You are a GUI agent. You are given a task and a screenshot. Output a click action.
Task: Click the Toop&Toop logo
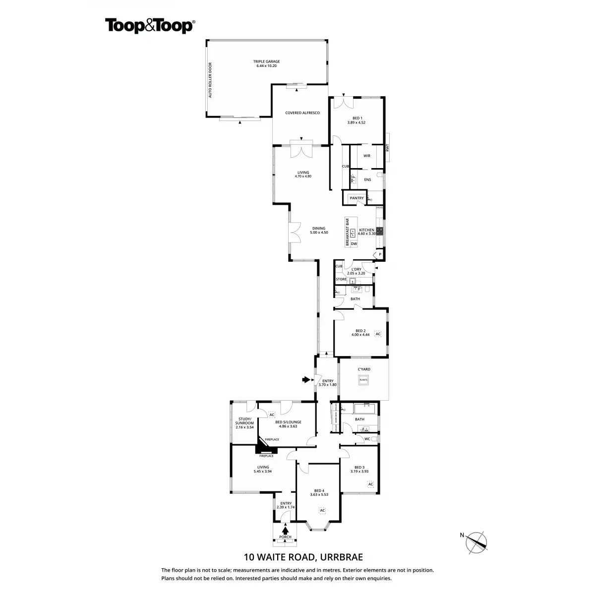(149, 26)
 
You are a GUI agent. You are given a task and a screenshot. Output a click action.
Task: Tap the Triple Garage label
(266, 63)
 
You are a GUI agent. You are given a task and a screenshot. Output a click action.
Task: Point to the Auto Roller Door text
(210, 80)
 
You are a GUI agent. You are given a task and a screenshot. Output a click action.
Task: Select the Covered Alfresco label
(302, 113)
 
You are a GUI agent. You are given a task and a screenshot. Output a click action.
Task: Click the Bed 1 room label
(356, 120)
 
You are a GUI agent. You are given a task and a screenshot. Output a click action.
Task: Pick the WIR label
(367, 156)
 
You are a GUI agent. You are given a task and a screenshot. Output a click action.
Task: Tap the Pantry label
(357, 198)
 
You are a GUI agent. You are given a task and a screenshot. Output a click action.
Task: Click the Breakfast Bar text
(348, 232)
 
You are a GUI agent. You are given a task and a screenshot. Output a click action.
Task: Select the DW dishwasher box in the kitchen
(354, 244)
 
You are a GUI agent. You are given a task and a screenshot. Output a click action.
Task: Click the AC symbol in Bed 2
(378, 334)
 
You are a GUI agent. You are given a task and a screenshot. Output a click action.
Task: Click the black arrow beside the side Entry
(306, 380)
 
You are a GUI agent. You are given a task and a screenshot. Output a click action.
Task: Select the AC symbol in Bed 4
(322, 510)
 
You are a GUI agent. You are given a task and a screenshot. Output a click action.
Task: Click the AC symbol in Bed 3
(370, 484)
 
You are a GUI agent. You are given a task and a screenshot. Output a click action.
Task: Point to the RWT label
(388, 147)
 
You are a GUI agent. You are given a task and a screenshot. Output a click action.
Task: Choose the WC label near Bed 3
(367, 439)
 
